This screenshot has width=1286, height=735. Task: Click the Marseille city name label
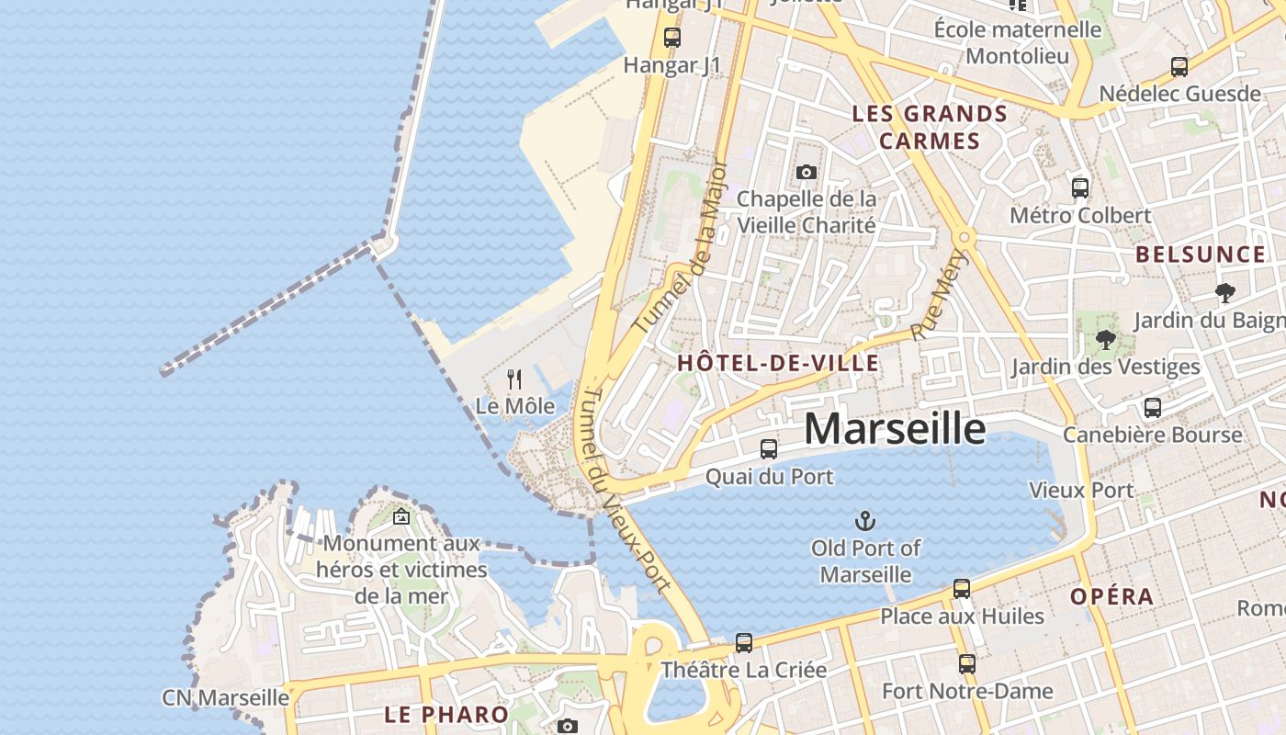895,429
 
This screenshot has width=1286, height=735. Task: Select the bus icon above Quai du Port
769,449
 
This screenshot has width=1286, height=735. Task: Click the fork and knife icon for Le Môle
514,379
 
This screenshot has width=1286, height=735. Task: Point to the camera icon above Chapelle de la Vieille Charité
807,172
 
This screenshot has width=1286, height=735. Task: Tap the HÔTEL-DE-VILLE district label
778,363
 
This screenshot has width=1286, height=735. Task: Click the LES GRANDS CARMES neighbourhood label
930,127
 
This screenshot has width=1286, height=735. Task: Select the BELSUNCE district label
1201,254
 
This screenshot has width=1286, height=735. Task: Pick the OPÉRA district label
1111,596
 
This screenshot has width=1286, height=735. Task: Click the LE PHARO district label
446,714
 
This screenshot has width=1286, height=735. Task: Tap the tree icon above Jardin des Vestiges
1106,340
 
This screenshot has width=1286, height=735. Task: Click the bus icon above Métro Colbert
1080,188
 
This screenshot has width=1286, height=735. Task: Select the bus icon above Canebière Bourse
1152,408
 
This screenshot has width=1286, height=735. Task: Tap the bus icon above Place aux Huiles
962,589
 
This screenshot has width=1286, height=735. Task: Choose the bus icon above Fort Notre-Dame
966,663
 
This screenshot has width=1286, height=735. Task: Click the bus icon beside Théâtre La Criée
744,643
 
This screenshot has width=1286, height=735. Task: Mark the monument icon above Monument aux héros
400,516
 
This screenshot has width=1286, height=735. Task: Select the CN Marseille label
225,697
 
